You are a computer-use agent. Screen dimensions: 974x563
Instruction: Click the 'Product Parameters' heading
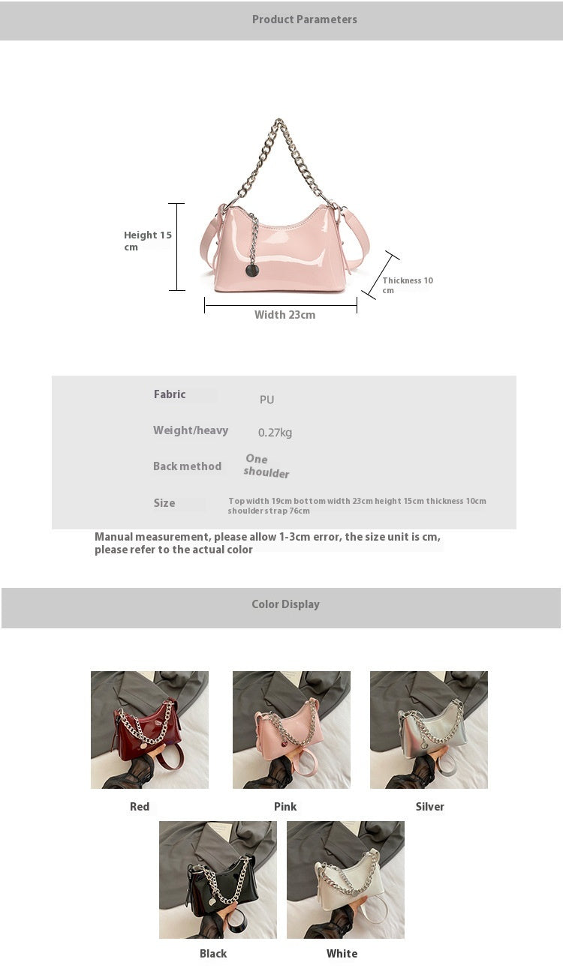pos(304,19)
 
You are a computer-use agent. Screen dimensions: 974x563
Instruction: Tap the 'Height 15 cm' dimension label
pos(148,241)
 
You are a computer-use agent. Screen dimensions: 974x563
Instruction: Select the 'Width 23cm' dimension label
pos(285,315)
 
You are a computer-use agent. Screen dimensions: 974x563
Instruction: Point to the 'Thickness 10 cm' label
pos(407,285)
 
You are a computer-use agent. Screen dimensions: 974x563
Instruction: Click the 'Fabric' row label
pos(170,394)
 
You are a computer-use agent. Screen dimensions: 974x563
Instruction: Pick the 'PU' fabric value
pos(266,400)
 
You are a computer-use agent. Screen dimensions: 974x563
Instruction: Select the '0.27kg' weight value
pos(275,433)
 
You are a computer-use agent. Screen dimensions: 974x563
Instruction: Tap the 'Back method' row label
pos(187,466)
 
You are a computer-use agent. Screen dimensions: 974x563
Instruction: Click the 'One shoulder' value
pos(266,466)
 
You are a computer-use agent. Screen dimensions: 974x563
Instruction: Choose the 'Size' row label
pos(164,503)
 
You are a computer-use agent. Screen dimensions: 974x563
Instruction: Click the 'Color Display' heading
pos(285,604)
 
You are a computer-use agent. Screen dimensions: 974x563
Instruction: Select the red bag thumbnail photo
pos(149,730)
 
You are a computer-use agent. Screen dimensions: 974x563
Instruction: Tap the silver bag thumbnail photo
pos(429,730)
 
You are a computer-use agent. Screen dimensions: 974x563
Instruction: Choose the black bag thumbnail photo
pos(218,880)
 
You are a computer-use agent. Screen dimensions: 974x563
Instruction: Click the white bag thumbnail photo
pos(345,880)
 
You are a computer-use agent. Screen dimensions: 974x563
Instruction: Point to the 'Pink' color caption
pos(285,807)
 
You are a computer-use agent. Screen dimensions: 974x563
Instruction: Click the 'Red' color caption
pos(140,807)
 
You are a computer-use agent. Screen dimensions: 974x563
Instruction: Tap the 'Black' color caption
pos(213,954)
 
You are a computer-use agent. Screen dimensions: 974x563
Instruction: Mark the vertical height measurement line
pos(176,247)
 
